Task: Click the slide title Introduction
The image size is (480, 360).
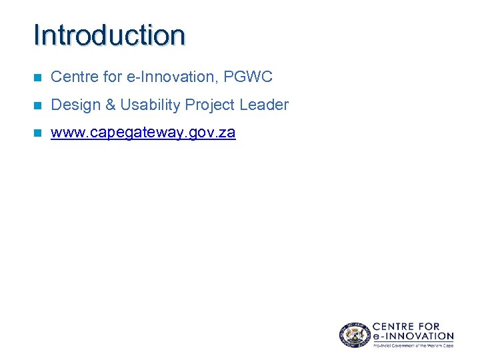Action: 109,35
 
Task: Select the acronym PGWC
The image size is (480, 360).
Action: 248,77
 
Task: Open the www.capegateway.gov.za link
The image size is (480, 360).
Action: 143,133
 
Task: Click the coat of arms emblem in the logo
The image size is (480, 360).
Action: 352,334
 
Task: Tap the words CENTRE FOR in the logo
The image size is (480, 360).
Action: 406,327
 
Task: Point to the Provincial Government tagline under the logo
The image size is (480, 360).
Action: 413,345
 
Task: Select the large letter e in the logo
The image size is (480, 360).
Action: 377,337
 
